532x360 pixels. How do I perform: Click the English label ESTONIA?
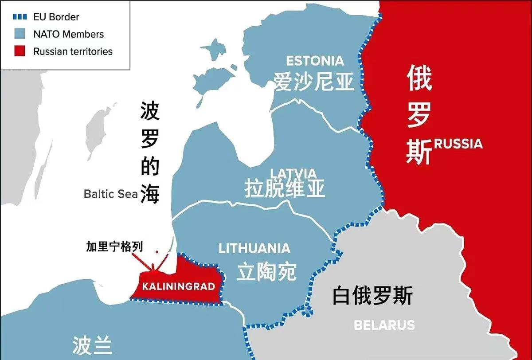point(315,61)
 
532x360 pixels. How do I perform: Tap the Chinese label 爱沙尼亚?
point(314,82)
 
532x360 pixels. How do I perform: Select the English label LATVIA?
point(293,173)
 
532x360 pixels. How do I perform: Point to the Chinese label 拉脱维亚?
point(285,189)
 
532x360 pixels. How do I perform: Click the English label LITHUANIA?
point(254,248)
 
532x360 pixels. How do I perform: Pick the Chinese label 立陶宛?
point(266,271)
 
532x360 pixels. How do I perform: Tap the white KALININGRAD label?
point(178,286)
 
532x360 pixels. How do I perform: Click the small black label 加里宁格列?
point(115,247)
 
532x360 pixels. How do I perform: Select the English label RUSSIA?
point(458,144)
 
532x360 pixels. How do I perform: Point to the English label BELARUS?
point(384,325)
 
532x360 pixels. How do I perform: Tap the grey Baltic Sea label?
point(111,194)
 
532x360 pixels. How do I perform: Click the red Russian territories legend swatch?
point(19,51)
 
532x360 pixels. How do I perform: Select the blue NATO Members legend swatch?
point(19,34)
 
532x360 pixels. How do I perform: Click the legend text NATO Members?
point(68,34)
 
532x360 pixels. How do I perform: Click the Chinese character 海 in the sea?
point(150,194)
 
